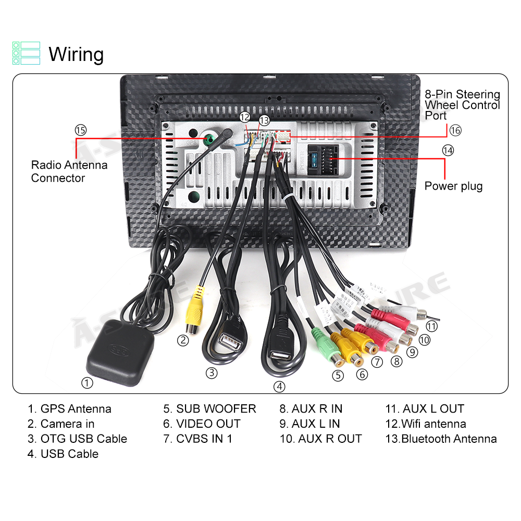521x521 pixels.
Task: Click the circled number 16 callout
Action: [x=455, y=130]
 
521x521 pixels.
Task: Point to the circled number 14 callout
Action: [x=448, y=151]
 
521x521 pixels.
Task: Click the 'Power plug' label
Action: [x=453, y=186]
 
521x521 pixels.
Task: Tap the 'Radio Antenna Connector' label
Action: [x=69, y=171]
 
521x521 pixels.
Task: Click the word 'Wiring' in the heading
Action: [x=76, y=54]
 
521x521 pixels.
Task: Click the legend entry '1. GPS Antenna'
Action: [x=69, y=409]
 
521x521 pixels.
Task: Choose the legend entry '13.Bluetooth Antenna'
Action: [x=441, y=439]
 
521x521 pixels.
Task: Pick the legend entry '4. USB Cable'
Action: [x=63, y=454]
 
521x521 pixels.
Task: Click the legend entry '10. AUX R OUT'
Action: [x=320, y=439]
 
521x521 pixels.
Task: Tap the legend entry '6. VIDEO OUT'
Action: [x=202, y=424]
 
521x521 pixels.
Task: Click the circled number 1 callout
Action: [x=87, y=383]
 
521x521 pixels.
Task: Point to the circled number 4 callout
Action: [x=280, y=386]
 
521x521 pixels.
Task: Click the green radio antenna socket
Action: [x=209, y=139]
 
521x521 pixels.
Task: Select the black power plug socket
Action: [x=321, y=157]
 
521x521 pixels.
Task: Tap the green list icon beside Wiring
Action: [x=26, y=53]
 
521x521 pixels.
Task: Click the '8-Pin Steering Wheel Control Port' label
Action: [x=462, y=105]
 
